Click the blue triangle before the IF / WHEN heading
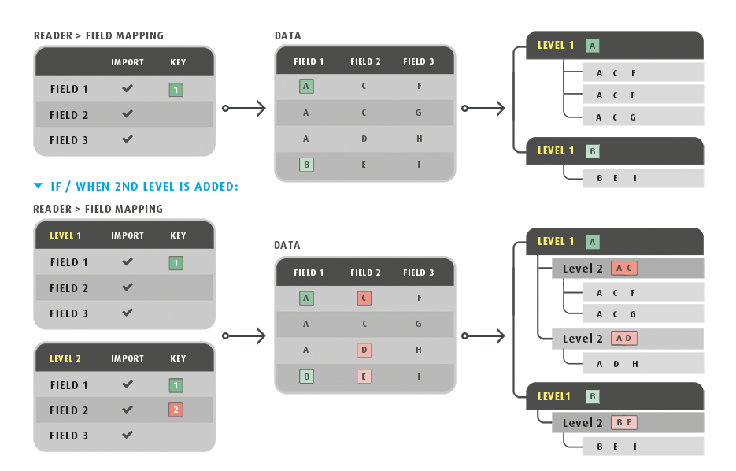[x=39, y=187]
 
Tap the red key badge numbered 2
[x=176, y=410]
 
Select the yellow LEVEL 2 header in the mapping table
[x=65, y=358]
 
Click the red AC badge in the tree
[x=623, y=269]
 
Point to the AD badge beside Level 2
[x=623, y=339]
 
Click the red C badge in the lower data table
[x=364, y=299]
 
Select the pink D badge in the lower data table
[x=364, y=350]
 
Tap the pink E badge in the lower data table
[x=364, y=376]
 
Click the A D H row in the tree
[x=642, y=364]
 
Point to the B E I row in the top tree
[x=642, y=178]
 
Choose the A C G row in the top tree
[x=642, y=117]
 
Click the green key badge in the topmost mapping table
[x=176, y=90]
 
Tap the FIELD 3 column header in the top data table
[x=419, y=61]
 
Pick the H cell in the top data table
[x=419, y=139]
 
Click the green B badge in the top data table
[x=306, y=165]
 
